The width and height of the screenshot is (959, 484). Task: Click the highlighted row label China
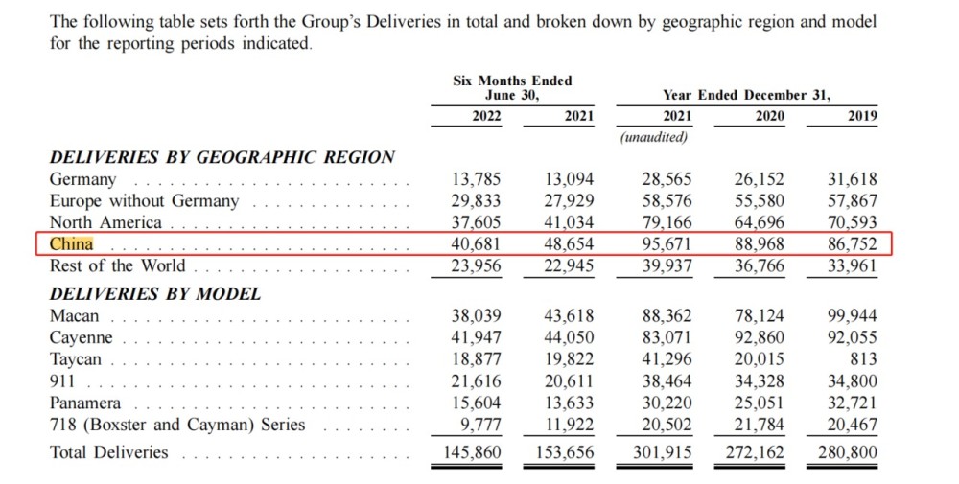coord(72,244)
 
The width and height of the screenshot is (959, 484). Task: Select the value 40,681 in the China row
coord(476,244)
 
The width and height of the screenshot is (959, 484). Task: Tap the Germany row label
coord(82,179)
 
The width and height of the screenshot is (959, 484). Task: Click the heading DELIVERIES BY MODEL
coord(155,294)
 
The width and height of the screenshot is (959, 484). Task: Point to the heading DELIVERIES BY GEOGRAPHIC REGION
coord(222,157)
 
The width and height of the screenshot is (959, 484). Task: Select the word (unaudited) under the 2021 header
coord(654,137)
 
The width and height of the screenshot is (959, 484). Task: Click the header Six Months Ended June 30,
coord(512,88)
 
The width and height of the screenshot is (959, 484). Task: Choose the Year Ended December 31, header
coord(746,95)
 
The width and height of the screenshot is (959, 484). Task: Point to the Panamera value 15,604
coord(476,403)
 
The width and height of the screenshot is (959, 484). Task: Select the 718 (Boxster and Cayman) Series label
coord(177,425)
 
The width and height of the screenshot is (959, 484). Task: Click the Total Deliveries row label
coord(108,452)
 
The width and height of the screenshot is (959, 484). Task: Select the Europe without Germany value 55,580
coord(758,201)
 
